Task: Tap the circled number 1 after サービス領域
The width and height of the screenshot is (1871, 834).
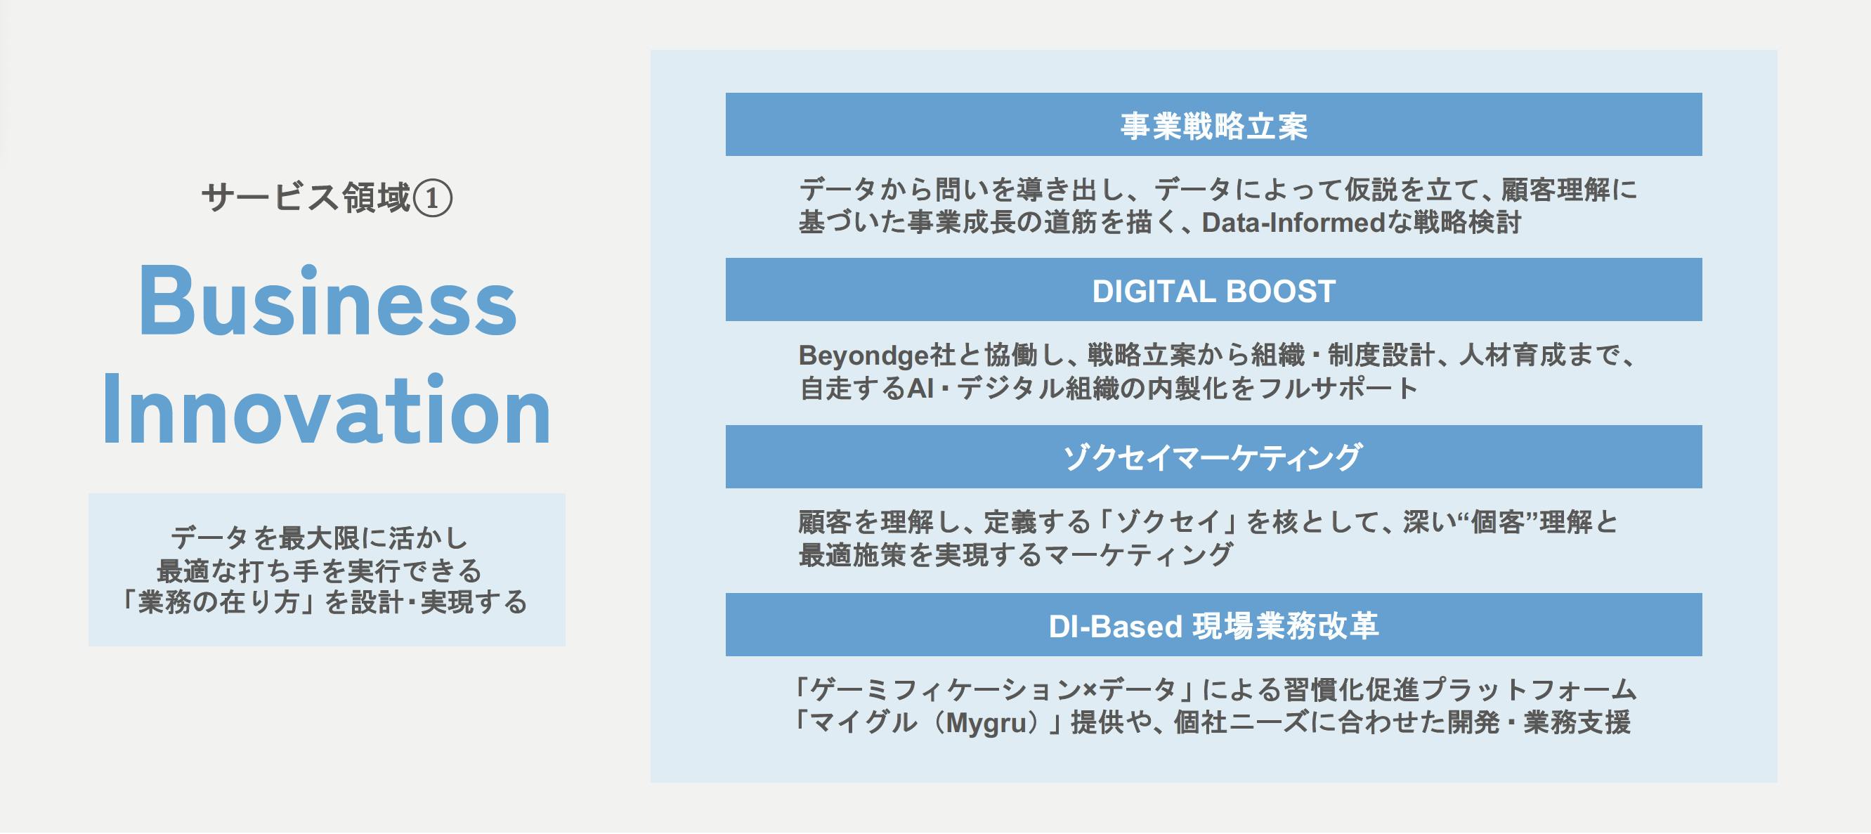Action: click(x=433, y=198)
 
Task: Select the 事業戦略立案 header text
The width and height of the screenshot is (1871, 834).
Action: click(x=1213, y=126)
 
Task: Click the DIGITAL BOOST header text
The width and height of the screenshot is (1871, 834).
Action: click(x=1213, y=291)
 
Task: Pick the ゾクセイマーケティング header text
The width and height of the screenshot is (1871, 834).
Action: click(x=1213, y=457)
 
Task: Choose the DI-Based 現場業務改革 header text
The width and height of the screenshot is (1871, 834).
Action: click(x=1213, y=625)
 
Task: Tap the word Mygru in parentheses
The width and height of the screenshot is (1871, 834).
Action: click(x=989, y=724)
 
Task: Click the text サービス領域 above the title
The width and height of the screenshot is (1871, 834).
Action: click(x=306, y=198)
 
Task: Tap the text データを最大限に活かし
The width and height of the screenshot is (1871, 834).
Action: click(x=320, y=537)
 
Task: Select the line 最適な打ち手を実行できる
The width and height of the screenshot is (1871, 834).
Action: click(x=320, y=571)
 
